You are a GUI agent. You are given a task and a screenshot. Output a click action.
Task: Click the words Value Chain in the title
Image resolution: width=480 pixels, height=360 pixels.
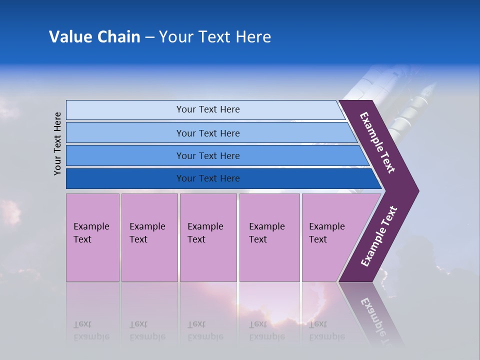coord(94,37)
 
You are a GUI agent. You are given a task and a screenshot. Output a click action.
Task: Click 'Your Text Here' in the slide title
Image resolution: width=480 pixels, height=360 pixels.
coord(215,37)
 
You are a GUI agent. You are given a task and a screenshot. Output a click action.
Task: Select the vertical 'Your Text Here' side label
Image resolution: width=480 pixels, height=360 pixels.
coord(57,143)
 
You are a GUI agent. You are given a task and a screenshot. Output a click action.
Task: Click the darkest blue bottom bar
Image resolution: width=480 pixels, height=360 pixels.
coord(125,178)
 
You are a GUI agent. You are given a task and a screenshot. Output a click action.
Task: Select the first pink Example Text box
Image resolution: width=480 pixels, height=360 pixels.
coord(92,237)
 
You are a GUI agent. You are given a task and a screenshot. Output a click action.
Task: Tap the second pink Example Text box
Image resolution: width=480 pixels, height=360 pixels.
coord(149,237)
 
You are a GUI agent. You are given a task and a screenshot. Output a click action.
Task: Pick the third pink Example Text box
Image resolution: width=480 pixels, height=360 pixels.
coord(208,237)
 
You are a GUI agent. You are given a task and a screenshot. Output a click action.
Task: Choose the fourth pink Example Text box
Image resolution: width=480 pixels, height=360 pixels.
coord(269,237)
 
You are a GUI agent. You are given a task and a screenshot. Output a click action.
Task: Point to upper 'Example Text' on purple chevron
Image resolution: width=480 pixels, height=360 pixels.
coord(377,142)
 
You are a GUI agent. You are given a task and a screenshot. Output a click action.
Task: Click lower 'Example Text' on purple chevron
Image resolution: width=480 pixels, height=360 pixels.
coord(378,236)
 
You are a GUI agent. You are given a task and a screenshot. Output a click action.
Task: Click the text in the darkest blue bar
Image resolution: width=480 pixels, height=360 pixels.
coord(208,178)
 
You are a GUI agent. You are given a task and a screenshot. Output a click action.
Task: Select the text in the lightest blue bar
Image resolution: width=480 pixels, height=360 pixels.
coord(208,109)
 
